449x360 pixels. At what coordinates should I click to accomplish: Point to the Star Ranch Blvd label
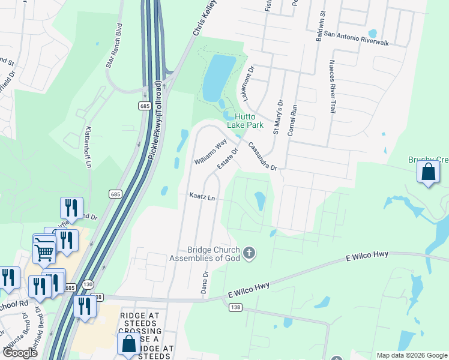click(118, 39)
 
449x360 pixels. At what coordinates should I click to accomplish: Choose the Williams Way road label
click(210, 152)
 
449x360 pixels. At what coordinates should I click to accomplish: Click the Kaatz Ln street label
click(202, 196)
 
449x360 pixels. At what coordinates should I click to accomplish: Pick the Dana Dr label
click(205, 282)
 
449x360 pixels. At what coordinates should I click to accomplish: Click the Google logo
click(20, 353)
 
